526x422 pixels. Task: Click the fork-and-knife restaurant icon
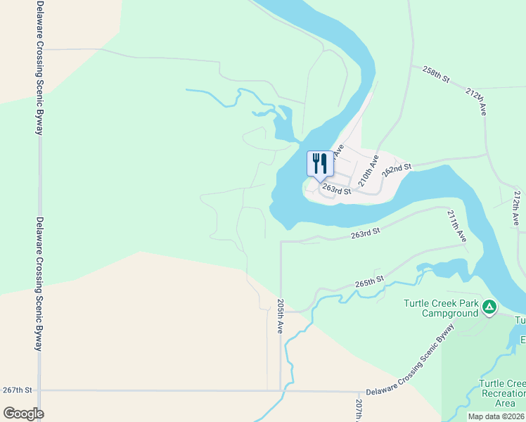click(x=321, y=164)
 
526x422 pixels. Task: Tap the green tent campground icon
click(x=489, y=307)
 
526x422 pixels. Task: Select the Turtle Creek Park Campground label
click(x=440, y=307)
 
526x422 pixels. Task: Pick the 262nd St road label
click(x=396, y=169)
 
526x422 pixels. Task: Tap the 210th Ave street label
click(x=368, y=170)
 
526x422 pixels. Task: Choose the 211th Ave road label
click(x=456, y=226)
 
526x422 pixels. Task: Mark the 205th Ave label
click(x=280, y=316)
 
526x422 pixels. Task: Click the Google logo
click(x=23, y=414)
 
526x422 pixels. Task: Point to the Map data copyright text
click(x=496, y=416)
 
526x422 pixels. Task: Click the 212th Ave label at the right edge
click(x=518, y=207)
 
